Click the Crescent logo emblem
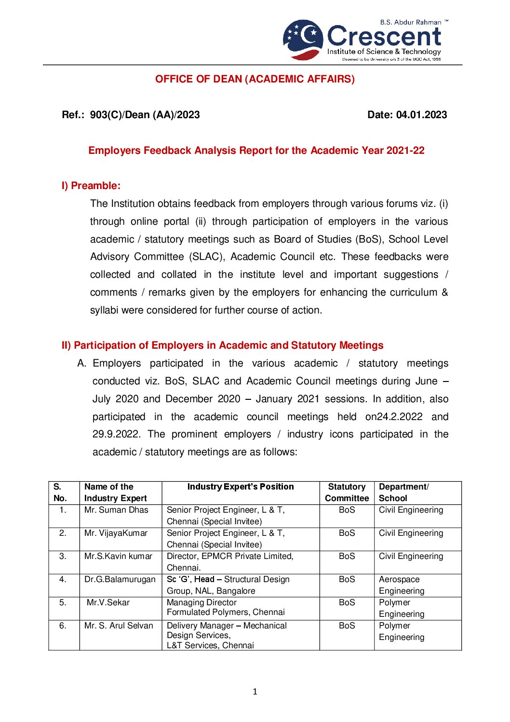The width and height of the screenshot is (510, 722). click(x=303, y=40)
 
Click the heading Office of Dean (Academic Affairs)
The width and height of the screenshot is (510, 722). click(x=255, y=79)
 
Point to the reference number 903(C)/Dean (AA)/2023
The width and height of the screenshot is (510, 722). click(x=145, y=115)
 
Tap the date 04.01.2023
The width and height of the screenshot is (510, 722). click(x=421, y=115)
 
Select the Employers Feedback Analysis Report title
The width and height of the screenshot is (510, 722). click(x=256, y=150)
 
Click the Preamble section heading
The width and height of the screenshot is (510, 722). click(x=91, y=186)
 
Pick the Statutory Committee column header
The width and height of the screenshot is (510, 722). click(x=347, y=492)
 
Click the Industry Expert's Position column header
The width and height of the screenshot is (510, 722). click(x=240, y=487)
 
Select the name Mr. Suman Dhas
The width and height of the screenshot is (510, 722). click(x=116, y=510)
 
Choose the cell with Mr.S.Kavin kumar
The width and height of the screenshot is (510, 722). click(x=118, y=556)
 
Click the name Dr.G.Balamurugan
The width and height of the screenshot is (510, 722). click(x=120, y=579)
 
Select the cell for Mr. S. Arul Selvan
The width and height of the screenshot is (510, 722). click(x=119, y=626)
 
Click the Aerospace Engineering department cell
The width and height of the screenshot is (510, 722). click(x=402, y=585)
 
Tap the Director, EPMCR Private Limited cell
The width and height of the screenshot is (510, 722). click(x=230, y=562)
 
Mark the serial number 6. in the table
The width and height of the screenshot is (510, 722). click(x=63, y=626)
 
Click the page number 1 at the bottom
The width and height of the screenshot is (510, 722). click(x=255, y=692)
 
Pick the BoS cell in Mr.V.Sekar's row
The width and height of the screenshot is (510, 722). click(x=347, y=602)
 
